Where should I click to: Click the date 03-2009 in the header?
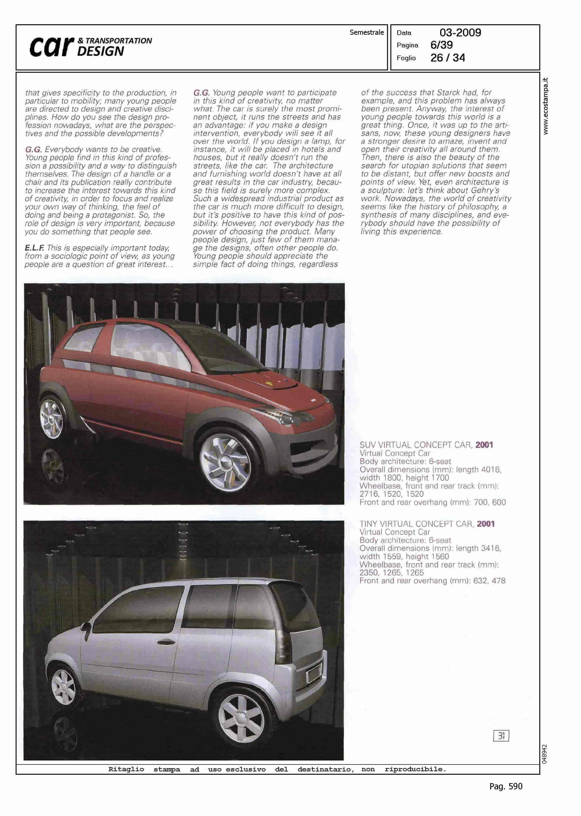[460, 33]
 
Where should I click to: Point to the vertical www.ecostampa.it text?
[545, 106]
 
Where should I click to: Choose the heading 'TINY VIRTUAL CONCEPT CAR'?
[417, 524]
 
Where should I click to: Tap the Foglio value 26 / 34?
[448, 58]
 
